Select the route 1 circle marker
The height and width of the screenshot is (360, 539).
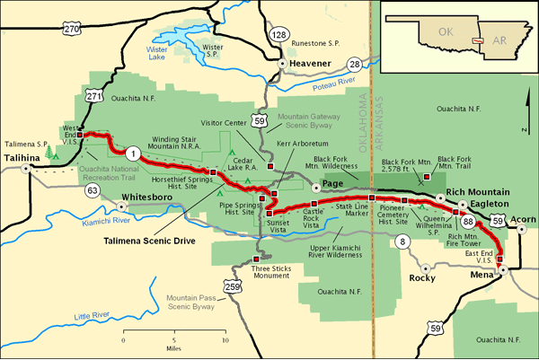pos(133,152)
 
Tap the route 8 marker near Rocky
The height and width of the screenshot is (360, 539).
pos(402,241)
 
